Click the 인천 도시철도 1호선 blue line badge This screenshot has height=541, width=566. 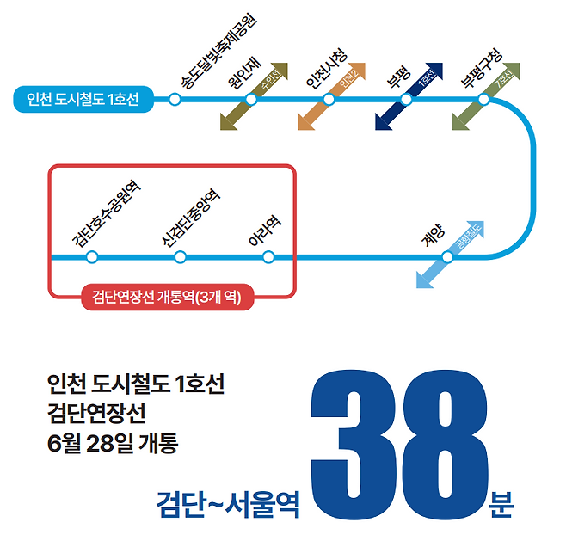tap(83, 100)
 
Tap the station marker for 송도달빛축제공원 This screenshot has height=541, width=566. tap(175, 100)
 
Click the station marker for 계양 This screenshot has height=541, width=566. tap(447, 257)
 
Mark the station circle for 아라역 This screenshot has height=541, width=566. tap(268, 257)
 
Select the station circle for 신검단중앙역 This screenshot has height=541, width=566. tap(180, 257)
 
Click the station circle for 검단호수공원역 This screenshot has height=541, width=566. tap(92, 257)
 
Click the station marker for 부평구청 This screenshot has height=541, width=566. tap(484, 100)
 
